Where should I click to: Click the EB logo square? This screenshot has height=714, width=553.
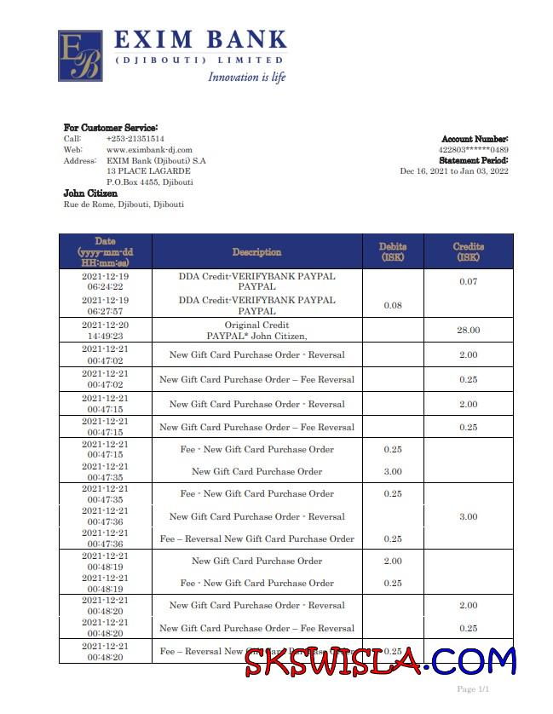80,56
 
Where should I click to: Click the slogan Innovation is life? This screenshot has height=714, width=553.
247,78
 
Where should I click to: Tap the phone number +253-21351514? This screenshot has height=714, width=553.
135,138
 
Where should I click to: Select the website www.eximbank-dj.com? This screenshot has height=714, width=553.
149,149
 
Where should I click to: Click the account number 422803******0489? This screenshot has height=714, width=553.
473,149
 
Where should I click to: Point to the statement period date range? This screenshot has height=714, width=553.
454,170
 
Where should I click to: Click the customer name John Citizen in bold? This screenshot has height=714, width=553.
90,193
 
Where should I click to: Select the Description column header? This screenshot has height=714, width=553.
256,252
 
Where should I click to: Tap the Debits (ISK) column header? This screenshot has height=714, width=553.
393,251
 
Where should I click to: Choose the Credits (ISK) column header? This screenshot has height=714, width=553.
468,251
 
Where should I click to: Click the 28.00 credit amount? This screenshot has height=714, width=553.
468,331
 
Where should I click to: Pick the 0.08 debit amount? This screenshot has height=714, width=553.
393,305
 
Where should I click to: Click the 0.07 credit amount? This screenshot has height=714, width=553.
468,282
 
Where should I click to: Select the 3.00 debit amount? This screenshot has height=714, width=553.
393,472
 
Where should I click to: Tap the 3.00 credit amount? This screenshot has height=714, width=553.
468,516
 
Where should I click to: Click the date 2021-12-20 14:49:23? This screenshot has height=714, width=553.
105,331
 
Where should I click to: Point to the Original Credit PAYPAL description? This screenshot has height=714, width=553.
256,331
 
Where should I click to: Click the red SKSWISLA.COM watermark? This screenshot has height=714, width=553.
380,660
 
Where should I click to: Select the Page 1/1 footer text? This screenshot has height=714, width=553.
473,688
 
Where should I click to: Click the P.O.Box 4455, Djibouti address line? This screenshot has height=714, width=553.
149,181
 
